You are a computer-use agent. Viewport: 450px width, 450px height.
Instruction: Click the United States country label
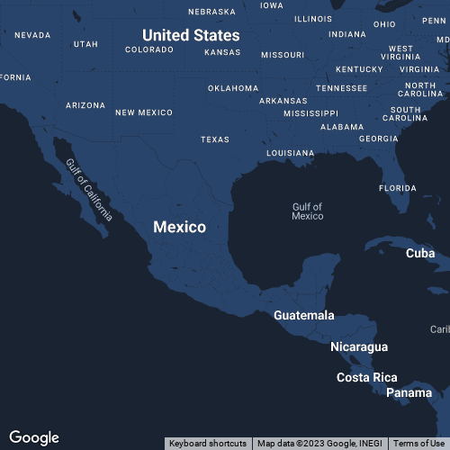click(191, 35)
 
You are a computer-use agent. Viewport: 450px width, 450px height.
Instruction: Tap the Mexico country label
click(179, 227)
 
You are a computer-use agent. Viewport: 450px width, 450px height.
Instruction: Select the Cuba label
click(419, 253)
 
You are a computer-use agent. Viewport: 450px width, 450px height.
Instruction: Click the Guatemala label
click(303, 315)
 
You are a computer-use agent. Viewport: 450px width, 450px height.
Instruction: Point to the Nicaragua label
click(359, 346)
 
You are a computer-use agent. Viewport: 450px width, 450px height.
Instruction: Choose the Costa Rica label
click(366, 377)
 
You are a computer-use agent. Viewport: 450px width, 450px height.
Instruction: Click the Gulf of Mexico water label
click(307, 211)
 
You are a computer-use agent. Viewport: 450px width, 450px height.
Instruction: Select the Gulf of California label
click(89, 189)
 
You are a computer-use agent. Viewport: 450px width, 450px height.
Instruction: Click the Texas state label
click(214, 139)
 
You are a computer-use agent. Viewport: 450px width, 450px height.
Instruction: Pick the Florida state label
click(397, 188)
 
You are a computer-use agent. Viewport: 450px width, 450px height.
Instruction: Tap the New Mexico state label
click(143, 112)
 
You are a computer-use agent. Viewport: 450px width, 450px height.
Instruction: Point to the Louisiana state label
click(290, 153)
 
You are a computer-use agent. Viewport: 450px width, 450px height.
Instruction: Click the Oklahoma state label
click(232, 88)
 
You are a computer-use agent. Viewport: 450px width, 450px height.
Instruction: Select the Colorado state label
click(148, 49)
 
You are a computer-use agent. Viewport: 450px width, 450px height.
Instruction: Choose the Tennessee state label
click(341, 88)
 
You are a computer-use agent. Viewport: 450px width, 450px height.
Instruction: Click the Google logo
click(34, 437)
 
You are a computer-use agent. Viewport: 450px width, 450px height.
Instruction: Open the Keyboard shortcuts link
click(208, 444)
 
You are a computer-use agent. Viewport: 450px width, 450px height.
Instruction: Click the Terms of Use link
click(418, 444)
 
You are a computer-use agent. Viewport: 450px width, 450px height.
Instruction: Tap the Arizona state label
click(85, 105)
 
